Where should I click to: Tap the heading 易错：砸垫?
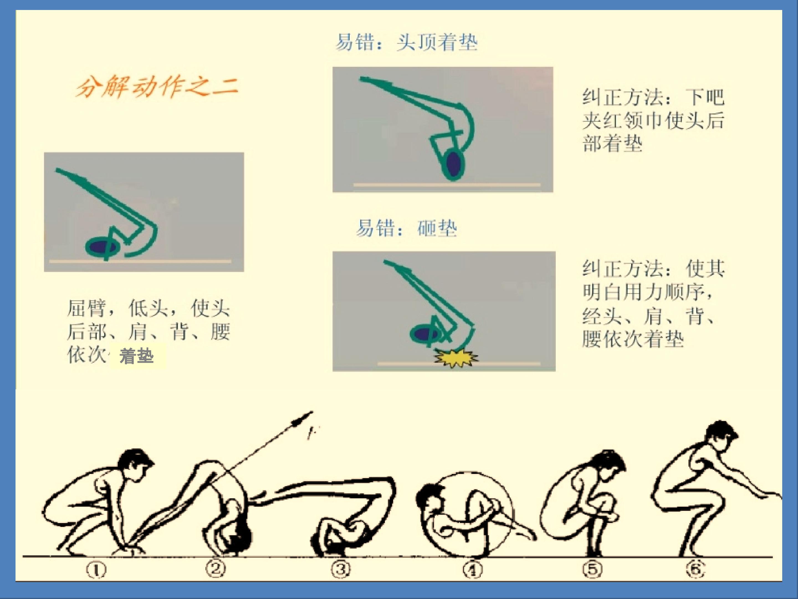[x=406, y=228]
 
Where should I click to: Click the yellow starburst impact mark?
[x=456, y=357]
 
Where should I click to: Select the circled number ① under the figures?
[x=96, y=570]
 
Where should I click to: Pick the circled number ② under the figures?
[x=216, y=569]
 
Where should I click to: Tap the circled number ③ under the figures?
[x=341, y=569]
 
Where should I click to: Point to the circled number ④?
[x=473, y=570]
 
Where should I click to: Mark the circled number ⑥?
[x=696, y=569]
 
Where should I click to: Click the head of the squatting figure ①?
[x=135, y=463]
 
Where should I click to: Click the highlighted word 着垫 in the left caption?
[x=137, y=356]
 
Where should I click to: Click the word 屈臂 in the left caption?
[x=87, y=308]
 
